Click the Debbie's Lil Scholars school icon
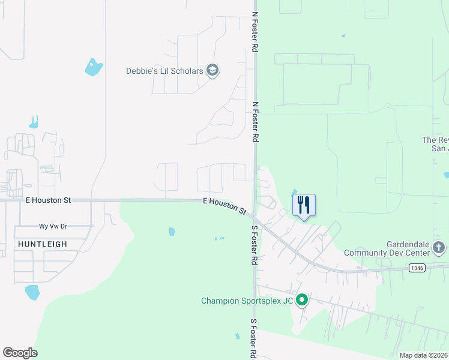(x=212, y=71)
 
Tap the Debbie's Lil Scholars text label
(x=164, y=71)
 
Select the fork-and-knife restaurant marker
(x=304, y=205)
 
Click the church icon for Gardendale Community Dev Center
(x=439, y=247)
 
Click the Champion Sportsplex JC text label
(x=246, y=301)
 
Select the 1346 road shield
(x=418, y=268)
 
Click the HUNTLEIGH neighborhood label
(x=40, y=244)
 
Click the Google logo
(x=20, y=353)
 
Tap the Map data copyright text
(x=424, y=355)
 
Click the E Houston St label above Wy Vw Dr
(x=48, y=200)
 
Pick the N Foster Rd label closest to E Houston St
(x=255, y=121)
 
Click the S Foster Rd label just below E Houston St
(x=255, y=245)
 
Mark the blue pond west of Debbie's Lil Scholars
(x=94, y=67)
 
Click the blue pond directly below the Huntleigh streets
(x=32, y=293)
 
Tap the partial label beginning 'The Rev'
(x=435, y=144)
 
